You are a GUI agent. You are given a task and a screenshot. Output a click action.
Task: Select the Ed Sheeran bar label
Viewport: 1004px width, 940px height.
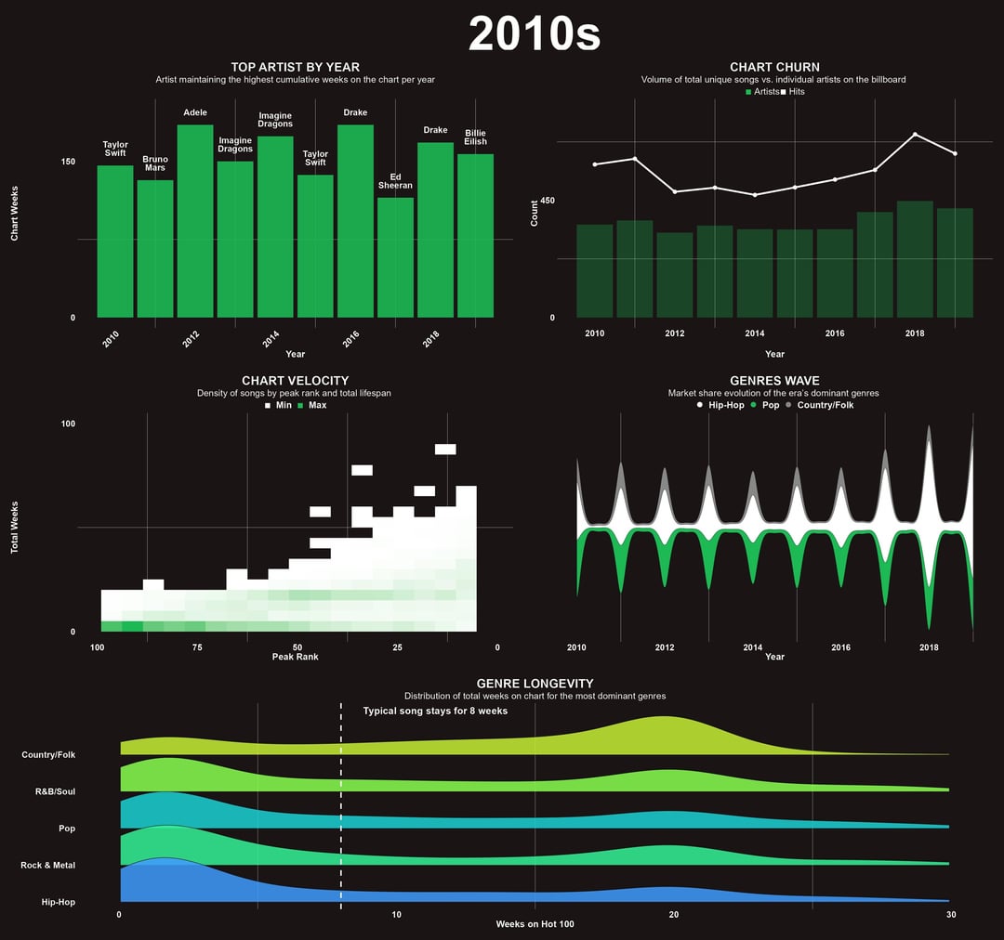[395, 181]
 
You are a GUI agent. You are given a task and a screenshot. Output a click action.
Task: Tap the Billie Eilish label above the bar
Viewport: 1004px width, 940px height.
[475, 137]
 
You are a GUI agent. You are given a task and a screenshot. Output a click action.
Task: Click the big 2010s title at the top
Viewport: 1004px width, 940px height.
[535, 34]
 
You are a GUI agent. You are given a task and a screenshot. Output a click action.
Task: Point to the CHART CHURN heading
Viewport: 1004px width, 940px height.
[774, 67]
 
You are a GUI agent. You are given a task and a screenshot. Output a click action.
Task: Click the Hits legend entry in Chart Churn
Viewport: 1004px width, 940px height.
[792, 91]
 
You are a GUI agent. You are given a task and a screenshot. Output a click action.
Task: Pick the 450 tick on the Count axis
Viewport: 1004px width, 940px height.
[547, 201]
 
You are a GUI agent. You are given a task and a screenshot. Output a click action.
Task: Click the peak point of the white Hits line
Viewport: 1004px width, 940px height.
[915, 135]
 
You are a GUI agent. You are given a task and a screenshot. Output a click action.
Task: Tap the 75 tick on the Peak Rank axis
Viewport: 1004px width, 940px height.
[197, 647]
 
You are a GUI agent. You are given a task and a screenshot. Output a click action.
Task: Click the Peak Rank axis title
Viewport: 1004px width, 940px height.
[295, 657]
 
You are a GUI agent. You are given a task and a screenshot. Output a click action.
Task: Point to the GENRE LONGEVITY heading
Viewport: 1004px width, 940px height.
[535, 684]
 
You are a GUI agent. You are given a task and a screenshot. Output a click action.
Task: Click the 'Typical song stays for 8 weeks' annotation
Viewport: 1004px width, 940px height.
[435, 711]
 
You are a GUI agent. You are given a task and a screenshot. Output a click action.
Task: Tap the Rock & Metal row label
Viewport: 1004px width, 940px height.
[48, 865]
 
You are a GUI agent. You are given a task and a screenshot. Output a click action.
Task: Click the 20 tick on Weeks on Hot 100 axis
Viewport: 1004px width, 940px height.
[674, 915]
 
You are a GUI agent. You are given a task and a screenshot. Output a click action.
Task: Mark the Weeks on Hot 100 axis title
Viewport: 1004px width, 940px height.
[535, 924]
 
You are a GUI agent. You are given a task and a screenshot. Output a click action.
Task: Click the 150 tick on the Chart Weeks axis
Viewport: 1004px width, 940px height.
[68, 162]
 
